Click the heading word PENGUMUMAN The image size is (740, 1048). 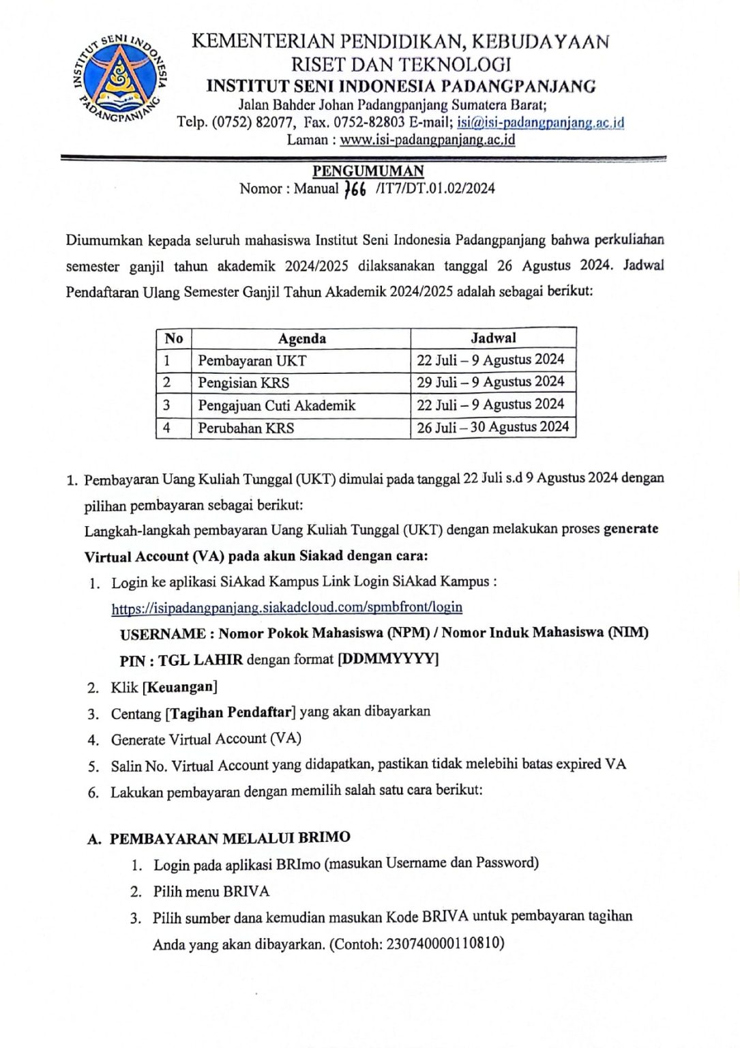tap(368, 171)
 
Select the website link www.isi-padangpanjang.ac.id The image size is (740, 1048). tap(427, 141)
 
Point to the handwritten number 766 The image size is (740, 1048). tap(356, 190)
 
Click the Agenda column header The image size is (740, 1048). tap(301, 338)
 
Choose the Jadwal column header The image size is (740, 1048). tap(493, 338)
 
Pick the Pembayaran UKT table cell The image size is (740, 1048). tap(252, 360)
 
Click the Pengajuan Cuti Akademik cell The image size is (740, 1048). tap(277, 405)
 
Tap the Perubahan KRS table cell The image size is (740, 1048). tap(246, 428)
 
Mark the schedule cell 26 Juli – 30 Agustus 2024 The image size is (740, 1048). tap(492, 427)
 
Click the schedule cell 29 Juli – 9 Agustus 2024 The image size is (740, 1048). tap(490, 382)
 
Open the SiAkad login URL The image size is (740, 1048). tap(286, 607)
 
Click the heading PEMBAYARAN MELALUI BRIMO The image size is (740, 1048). tap(230, 837)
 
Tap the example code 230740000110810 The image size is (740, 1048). tap(445, 944)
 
